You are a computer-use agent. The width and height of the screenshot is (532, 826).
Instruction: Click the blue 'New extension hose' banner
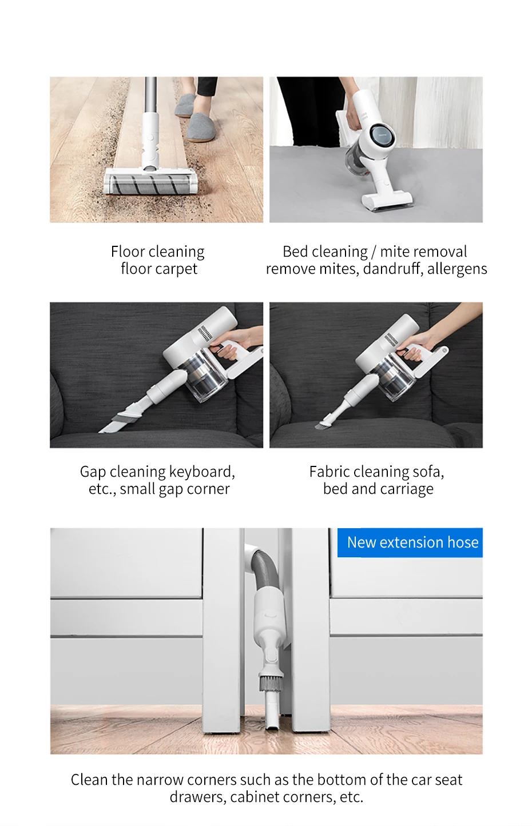point(410,542)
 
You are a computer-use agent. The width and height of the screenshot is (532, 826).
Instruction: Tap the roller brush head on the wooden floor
point(150,182)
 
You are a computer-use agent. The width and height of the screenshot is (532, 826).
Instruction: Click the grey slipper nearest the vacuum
point(201,127)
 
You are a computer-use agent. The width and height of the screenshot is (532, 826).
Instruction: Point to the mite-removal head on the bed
point(386,201)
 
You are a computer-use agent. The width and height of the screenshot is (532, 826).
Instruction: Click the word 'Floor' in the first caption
point(128,252)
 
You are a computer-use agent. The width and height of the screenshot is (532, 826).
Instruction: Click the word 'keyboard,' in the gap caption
point(202,472)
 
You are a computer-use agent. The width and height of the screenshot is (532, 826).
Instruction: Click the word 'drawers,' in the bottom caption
point(198,797)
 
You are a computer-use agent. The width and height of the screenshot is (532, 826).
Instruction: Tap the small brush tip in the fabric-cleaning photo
point(321,424)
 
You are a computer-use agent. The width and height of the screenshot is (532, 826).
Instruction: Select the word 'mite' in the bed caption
point(392,252)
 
